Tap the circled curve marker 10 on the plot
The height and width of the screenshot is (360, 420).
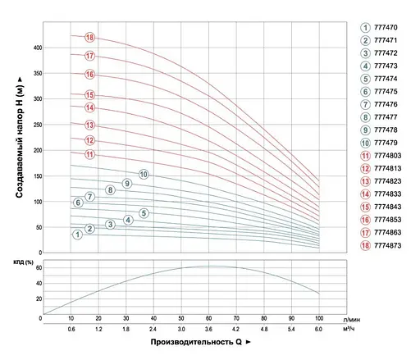[x=144, y=174]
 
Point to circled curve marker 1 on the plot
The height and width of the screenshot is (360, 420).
[x=77, y=235]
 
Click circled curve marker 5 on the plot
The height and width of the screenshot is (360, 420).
[x=144, y=213]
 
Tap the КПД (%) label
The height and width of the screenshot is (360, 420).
[x=25, y=262]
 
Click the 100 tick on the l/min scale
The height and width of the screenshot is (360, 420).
[x=318, y=318]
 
